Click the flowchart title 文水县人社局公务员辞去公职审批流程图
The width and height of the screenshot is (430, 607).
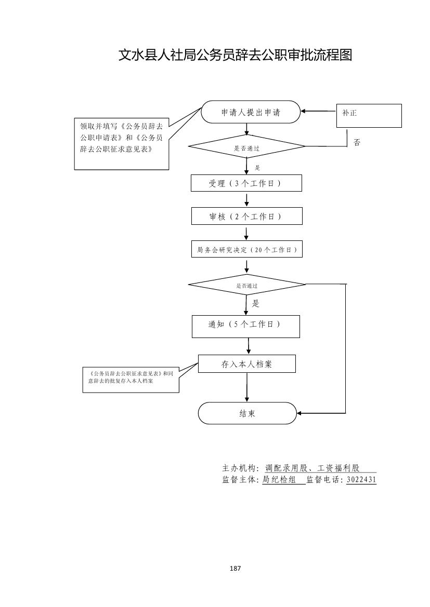point(235,55)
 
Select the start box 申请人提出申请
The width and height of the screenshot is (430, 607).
point(251,112)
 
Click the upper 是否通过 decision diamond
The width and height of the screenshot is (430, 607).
point(246,147)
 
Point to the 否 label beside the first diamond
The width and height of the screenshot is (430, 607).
point(357,142)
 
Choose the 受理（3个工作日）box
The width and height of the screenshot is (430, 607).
point(246,183)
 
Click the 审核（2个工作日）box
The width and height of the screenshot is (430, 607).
point(246,217)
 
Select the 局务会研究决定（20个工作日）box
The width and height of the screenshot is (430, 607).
point(246,250)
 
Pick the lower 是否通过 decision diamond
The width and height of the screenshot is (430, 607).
point(246,285)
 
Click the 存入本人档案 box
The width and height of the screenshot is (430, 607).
point(246,364)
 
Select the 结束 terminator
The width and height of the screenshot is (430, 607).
point(247,413)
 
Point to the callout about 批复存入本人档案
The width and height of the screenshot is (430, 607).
point(131,381)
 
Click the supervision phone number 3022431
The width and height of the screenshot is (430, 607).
point(361,480)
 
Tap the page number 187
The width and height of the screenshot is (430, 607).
point(235,569)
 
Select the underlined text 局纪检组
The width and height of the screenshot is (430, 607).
point(279,480)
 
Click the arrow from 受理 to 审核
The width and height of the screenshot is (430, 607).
point(246,200)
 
